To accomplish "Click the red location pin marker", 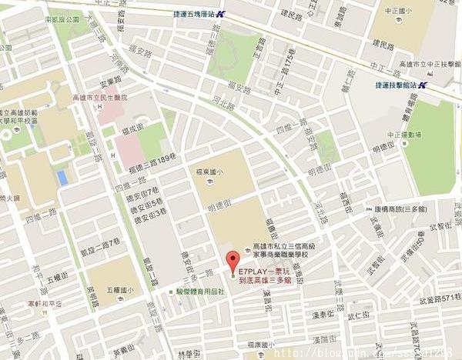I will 229,262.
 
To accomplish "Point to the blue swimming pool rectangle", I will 62,178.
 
